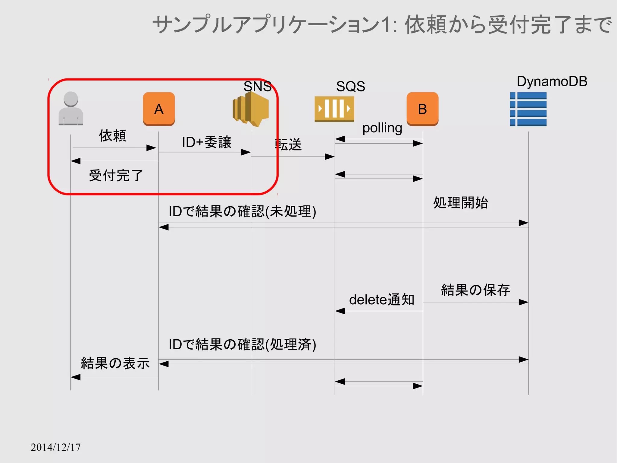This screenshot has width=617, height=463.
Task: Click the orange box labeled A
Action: (159, 109)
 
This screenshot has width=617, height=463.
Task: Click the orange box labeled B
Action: (422, 109)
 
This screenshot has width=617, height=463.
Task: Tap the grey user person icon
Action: (71, 108)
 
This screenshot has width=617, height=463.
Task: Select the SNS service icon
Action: (251, 109)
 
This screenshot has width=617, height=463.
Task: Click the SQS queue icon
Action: (334, 109)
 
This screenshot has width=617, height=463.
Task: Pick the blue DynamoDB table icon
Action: (528, 109)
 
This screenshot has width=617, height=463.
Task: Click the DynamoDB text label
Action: (552, 81)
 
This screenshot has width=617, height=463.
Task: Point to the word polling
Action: (382, 128)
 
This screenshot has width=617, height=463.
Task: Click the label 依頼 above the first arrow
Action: (113, 135)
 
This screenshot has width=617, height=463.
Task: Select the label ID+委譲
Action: (207, 142)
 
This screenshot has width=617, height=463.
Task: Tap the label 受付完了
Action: (116, 176)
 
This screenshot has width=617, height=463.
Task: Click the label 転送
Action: (288, 144)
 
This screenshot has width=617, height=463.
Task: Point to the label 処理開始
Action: (461, 203)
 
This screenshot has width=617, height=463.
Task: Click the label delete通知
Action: (382, 300)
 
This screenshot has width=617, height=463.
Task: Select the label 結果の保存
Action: (475, 290)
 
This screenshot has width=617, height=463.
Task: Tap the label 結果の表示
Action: (115, 363)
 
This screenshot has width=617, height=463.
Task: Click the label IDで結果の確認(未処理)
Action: (243, 211)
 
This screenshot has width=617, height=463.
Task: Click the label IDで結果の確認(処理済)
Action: (243, 344)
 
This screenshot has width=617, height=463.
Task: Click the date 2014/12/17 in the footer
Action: (56, 447)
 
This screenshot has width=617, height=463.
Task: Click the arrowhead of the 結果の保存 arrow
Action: (524, 302)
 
